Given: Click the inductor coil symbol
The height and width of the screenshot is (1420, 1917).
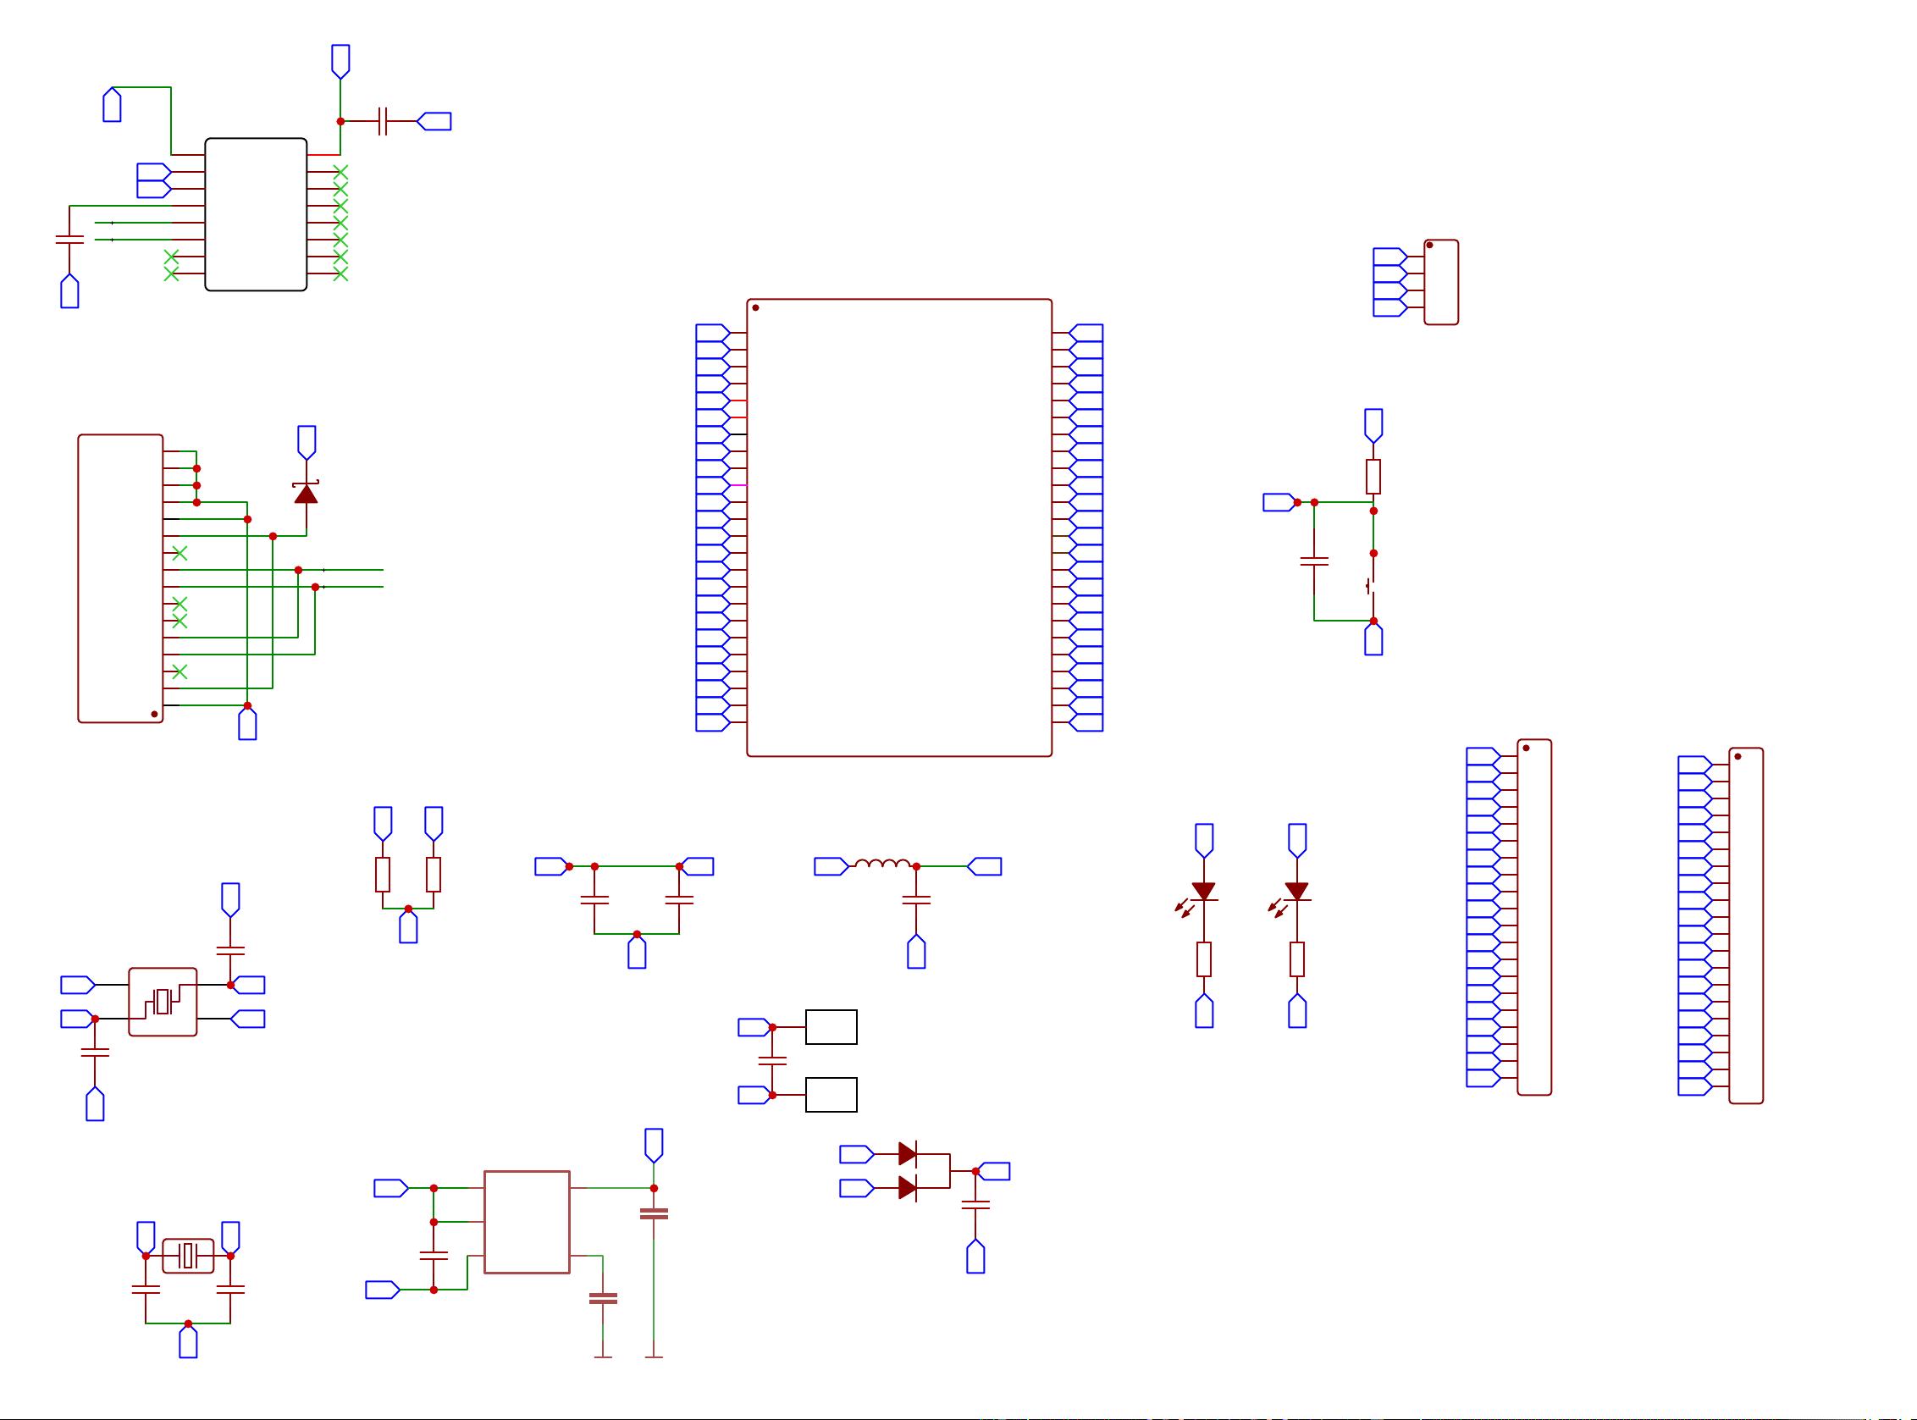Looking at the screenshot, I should [882, 864].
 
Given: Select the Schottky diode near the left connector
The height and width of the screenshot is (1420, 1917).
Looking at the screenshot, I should [306, 493].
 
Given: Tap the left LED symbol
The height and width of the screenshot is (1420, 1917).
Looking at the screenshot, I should [1203, 892].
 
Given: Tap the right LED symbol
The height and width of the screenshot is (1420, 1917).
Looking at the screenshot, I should [1296, 892].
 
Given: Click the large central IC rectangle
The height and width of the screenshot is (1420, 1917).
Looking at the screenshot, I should [898, 527].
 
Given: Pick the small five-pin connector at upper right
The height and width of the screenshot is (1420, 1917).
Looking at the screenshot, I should [1441, 282].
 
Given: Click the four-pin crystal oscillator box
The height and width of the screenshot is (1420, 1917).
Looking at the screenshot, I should [163, 1002].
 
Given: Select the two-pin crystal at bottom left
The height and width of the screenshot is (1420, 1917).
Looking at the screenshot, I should [188, 1256].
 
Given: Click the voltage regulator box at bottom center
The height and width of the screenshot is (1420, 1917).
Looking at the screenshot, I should [526, 1222].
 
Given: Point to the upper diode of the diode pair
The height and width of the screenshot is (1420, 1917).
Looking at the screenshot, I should [907, 1153].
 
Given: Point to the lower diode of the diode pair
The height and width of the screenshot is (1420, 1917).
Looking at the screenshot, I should [907, 1188].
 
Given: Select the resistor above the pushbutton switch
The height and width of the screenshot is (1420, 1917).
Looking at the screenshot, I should [1373, 476].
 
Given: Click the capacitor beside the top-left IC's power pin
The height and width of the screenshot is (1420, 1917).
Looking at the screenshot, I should [384, 121].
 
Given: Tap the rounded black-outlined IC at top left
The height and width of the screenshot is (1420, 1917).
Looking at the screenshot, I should [256, 214].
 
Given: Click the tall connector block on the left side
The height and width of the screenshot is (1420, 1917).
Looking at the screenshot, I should [120, 577].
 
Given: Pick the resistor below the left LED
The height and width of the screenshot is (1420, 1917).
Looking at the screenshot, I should [1203, 959].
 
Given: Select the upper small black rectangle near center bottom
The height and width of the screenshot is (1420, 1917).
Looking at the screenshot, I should [831, 1026].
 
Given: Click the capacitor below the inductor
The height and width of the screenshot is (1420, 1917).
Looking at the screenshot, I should [915, 900].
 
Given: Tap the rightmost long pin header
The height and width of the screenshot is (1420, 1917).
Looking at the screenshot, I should [1745, 925].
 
